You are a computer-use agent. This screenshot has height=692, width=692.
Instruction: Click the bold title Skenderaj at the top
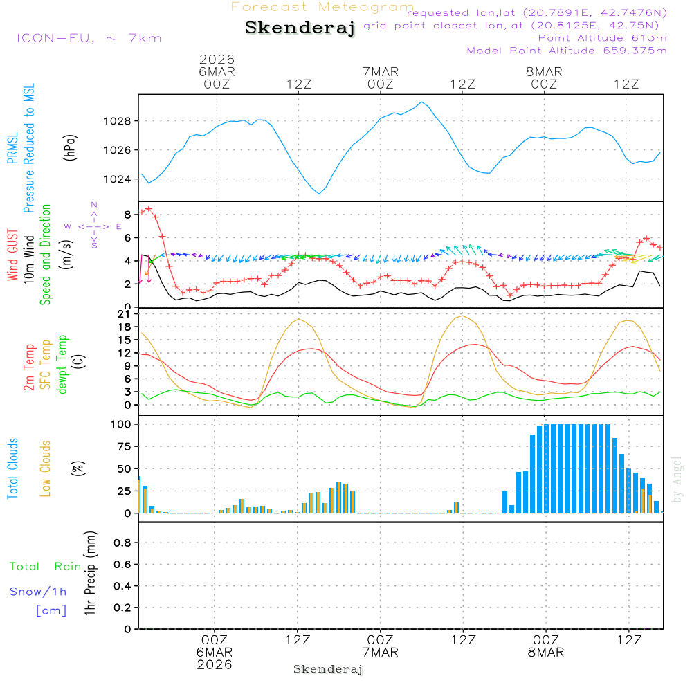(300, 28)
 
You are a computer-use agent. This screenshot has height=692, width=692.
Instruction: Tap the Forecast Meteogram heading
(322, 7)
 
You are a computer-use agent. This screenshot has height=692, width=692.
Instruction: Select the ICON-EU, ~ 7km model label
(89, 38)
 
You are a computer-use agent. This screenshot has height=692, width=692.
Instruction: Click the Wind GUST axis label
(12, 255)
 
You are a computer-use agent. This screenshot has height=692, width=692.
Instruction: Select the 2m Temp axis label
(29, 367)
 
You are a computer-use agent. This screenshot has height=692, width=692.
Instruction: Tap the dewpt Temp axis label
(62, 365)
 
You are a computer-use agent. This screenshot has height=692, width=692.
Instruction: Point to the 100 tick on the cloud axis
(122, 424)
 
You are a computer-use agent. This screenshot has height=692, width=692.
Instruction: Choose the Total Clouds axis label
(12, 468)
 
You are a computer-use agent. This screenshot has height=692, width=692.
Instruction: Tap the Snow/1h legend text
(39, 592)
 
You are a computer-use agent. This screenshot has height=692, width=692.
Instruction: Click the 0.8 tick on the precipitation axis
(122, 543)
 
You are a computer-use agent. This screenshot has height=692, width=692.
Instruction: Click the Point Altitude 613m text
(602, 37)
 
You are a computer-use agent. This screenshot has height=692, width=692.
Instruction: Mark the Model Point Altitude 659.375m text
(567, 51)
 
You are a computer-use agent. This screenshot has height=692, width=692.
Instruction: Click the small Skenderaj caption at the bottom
(328, 669)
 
